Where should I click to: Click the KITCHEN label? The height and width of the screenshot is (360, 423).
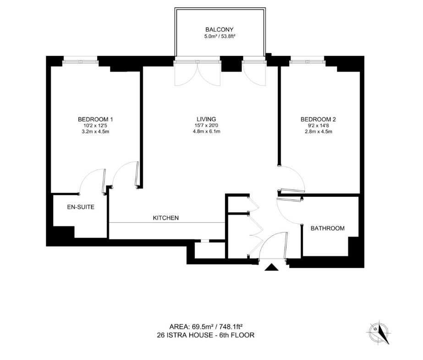(165, 218)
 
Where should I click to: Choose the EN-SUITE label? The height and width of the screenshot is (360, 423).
(81, 207)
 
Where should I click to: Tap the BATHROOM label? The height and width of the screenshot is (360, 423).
(327, 228)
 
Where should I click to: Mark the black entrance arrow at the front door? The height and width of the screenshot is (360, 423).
(272, 267)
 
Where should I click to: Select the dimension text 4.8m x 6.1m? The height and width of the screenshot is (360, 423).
(205, 132)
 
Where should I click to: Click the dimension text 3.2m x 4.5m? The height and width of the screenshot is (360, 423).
(95, 132)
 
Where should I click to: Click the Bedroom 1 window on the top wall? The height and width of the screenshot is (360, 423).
(80, 58)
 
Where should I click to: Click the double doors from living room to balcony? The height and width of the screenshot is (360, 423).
(197, 72)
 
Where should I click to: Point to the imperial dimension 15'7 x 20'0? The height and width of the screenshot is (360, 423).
(205, 125)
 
